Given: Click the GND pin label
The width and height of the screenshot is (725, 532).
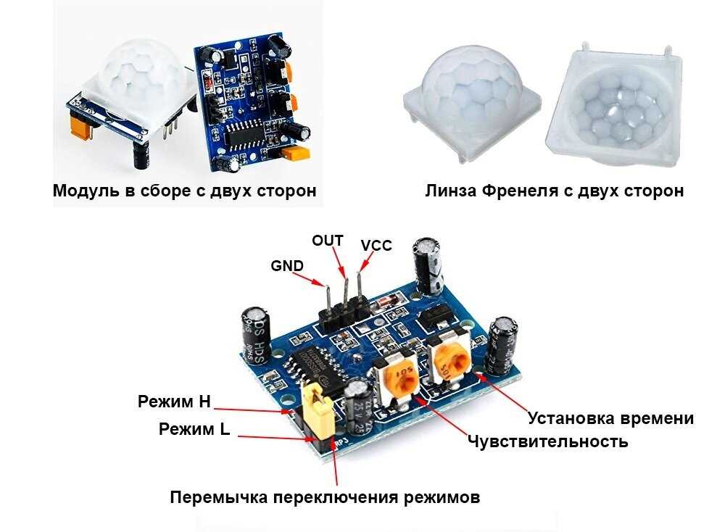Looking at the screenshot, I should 286,265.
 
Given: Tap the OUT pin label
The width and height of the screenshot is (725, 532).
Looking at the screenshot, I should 327,240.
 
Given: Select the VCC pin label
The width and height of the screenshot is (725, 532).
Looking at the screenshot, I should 376,246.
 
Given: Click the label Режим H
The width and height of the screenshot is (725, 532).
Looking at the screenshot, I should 174,402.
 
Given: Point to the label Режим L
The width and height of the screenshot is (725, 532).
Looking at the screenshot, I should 194,429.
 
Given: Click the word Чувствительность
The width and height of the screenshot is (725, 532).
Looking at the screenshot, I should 547,441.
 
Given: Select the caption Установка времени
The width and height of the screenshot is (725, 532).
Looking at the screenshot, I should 610,418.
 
